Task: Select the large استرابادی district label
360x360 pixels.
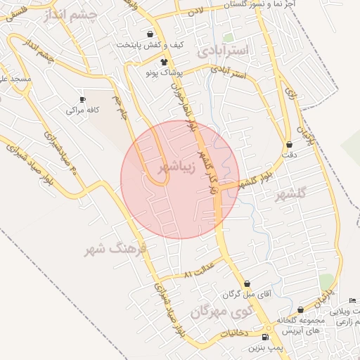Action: [x=224, y=51]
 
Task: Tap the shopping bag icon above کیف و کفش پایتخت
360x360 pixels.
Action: [x=150, y=34]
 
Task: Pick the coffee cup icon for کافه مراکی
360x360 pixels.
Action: [x=83, y=100]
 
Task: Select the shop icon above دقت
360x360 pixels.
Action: [x=289, y=145]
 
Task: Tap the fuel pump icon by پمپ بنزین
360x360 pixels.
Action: [x=264, y=337]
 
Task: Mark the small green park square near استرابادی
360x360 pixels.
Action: [x=228, y=37]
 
